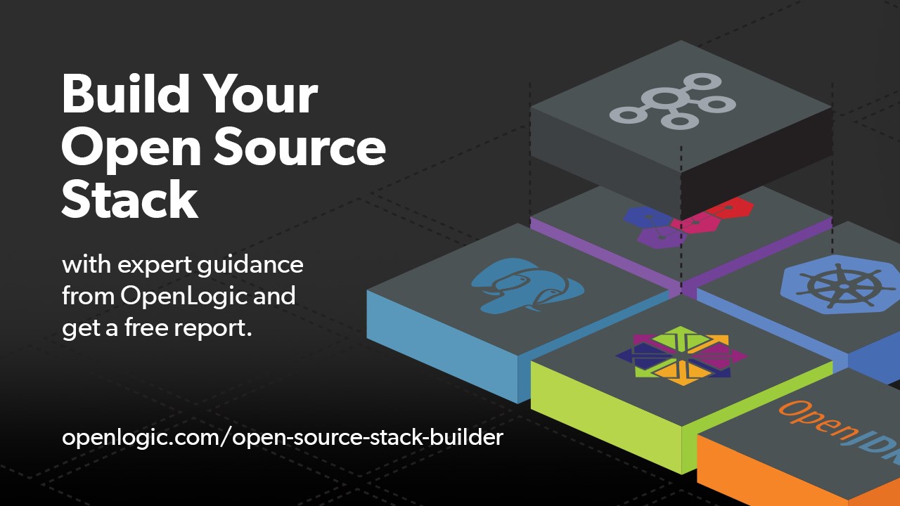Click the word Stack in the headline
coord(129,200)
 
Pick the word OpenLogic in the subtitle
coord(184,296)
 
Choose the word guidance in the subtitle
coord(256,266)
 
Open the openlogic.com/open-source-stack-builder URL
coord(283,438)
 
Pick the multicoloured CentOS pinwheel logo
coord(681,355)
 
